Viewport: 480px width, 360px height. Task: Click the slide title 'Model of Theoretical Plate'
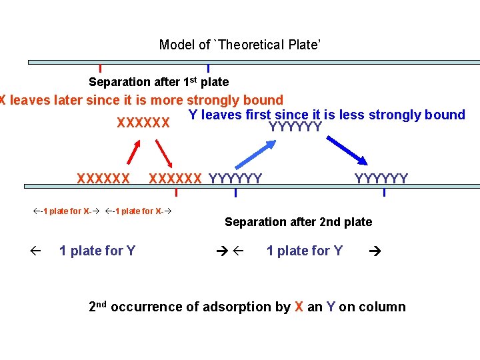click(240, 45)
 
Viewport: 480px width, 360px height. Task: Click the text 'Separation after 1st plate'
click(159, 82)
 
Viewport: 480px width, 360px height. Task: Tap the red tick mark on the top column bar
click(100, 68)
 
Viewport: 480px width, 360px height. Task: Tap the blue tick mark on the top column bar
click(209, 68)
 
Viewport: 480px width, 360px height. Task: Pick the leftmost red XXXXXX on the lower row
click(103, 178)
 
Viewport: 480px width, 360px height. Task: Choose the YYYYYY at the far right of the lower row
click(381, 178)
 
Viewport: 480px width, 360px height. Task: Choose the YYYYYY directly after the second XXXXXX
click(235, 178)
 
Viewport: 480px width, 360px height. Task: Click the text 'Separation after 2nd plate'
click(298, 222)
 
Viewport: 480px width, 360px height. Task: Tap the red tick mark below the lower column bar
click(176, 193)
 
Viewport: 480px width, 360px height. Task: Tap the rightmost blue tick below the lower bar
click(384, 193)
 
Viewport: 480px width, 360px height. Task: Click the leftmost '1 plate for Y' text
click(97, 251)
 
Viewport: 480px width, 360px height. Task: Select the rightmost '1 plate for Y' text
click(305, 251)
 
